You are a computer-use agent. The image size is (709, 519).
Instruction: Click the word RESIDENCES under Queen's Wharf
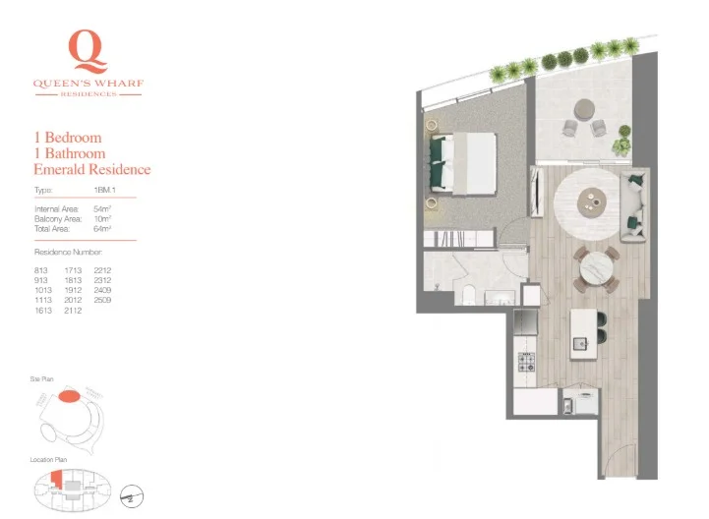[x=89, y=94]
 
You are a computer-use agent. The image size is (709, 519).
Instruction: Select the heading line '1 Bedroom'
[x=68, y=138]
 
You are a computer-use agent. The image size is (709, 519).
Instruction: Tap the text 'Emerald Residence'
[x=92, y=169]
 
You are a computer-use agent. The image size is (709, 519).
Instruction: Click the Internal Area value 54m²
[x=101, y=209]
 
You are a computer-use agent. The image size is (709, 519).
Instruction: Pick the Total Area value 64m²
[x=101, y=228]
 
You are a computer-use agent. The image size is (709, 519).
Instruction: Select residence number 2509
[x=103, y=300]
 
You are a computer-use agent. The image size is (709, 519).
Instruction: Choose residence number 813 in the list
[x=42, y=268]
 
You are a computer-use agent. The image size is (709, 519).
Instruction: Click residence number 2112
[x=73, y=310]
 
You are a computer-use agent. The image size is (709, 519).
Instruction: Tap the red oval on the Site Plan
[x=70, y=396]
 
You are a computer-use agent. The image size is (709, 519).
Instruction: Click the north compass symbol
[x=128, y=495]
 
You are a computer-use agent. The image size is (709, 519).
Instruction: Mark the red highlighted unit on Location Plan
[x=56, y=479]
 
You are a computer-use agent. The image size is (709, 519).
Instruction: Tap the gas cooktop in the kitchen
[x=526, y=362]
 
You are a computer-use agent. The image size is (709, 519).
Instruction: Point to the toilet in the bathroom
[x=469, y=295]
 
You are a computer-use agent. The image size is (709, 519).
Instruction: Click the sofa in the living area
[x=634, y=202]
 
